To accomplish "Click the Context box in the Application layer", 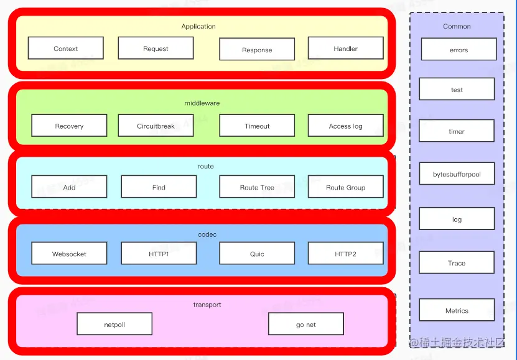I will [x=65, y=48].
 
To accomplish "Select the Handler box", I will [x=345, y=48].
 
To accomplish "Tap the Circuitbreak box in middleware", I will [x=156, y=126].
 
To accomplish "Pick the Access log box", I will [x=345, y=126].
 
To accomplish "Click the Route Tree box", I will [x=257, y=187].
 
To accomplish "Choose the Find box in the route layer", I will [x=159, y=187].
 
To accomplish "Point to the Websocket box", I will [x=69, y=254].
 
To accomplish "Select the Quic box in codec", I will [x=257, y=254].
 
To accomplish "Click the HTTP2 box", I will [x=345, y=254].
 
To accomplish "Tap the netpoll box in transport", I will [x=114, y=325].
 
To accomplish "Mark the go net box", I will [x=305, y=325].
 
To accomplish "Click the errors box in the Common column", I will [x=459, y=50].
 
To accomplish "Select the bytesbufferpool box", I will [x=457, y=174].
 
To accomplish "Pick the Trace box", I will [x=457, y=263].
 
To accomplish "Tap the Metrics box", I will [x=457, y=310].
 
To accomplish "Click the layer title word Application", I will [x=198, y=27].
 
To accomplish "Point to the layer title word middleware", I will [x=202, y=103].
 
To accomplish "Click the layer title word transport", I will [x=207, y=305].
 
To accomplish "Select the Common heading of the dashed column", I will [x=457, y=27].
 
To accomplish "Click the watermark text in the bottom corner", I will [x=462, y=343].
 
